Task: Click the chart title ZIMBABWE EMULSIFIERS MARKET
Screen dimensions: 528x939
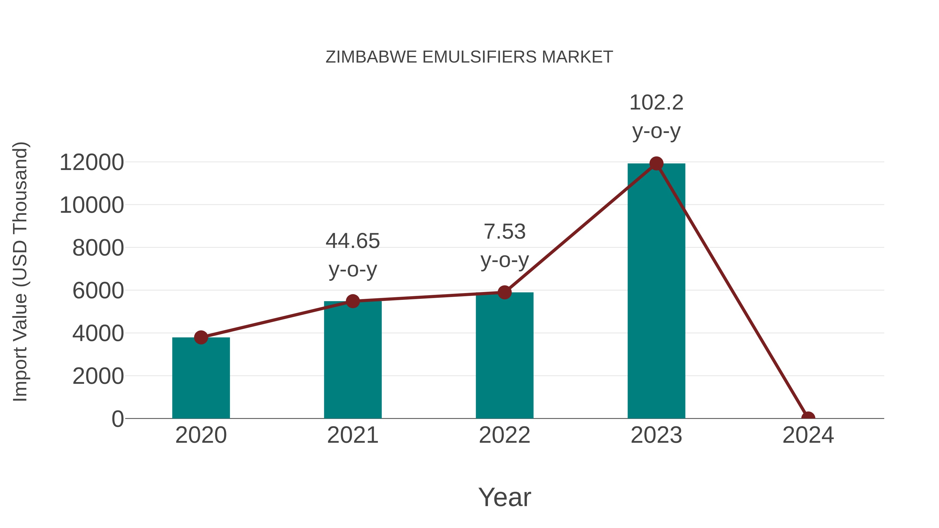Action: (x=469, y=57)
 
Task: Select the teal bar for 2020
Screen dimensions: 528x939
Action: (x=201, y=379)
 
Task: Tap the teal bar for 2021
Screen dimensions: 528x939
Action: (x=352, y=361)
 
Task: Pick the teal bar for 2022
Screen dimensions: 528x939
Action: (x=504, y=357)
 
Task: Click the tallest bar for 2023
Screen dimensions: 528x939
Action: (x=656, y=292)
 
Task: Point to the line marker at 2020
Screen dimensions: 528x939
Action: (x=201, y=337)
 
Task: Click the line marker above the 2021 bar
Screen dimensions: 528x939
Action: (x=352, y=301)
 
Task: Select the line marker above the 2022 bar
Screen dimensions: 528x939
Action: (x=504, y=292)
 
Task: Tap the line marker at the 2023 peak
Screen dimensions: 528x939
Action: (x=656, y=163)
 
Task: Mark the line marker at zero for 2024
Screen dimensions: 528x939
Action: (x=808, y=418)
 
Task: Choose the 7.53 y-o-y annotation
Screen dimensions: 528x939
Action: (x=504, y=246)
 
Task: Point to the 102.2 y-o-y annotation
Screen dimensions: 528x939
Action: (x=656, y=117)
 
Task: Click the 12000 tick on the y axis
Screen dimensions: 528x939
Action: (x=92, y=162)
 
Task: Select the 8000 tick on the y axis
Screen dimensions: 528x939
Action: (x=98, y=248)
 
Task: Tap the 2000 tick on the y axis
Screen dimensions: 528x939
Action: (x=98, y=377)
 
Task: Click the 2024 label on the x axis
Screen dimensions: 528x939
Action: (x=808, y=435)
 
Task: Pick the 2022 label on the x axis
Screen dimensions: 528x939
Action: (x=504, y=435)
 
